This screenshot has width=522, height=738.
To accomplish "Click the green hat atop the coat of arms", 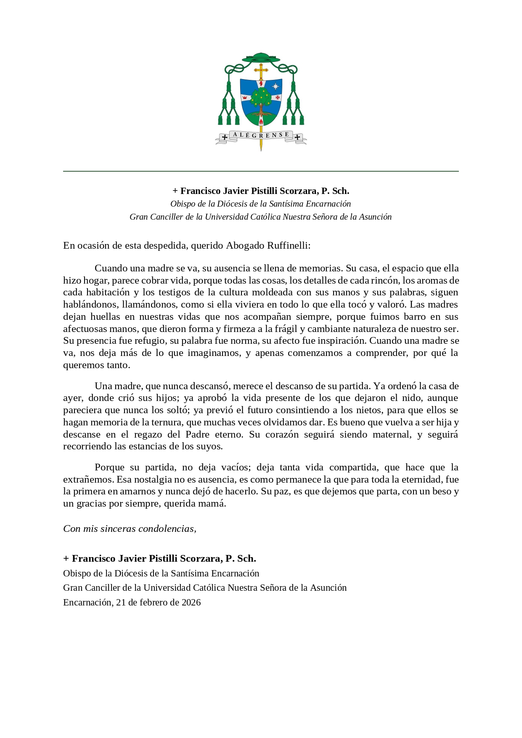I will [261, 58].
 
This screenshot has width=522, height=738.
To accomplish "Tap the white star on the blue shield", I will [276, 87].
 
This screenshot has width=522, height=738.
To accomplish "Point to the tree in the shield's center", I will [261, 99].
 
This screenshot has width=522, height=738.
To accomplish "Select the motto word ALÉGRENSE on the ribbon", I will [261, 135].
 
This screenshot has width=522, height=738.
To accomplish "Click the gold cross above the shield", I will [261, 71].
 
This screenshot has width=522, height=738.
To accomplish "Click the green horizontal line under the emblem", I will [261, 171].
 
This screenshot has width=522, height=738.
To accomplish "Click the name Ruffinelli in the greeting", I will [287, 245].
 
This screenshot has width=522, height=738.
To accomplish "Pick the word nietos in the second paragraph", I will [363, 410].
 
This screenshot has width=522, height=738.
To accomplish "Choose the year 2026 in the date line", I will [191, 603].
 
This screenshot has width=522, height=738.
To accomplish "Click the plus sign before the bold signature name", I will [66, 559].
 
